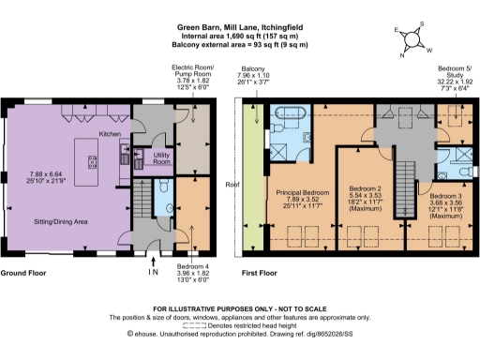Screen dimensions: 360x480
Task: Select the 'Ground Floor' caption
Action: (x=25, y=274)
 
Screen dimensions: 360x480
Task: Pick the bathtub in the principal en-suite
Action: (x=287, y=119)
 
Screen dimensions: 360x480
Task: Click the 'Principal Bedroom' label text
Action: (x=299, y=193)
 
